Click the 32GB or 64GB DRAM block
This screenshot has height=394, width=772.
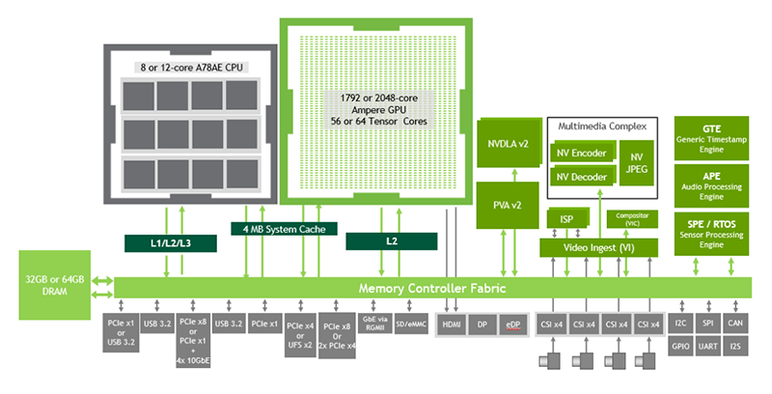(56, 285)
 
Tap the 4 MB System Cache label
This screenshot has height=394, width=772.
(285, 229)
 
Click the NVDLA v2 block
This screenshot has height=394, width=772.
(508, 144)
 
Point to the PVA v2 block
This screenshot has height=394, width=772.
(508, 205)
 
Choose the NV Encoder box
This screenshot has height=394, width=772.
(582, 153)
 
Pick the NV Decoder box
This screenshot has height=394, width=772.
(582, 177)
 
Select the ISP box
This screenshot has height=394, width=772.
(567, 219)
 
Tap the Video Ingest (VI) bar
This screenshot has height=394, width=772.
(598, 248)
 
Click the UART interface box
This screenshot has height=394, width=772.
(709, 346)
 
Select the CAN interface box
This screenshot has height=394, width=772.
(736, 324)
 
